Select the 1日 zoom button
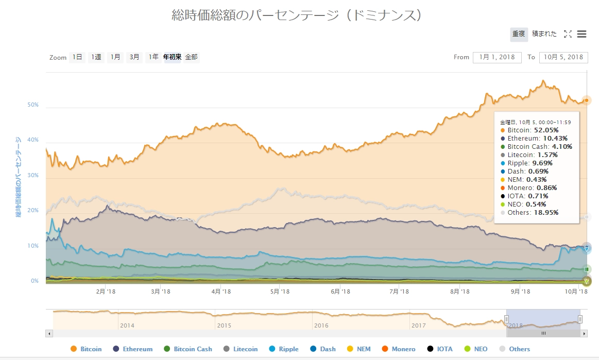click(x=77, y=57)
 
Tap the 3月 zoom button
click(x=134, y=57)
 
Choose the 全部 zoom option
click(x=191, y=57)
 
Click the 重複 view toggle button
click(x=519, y=34)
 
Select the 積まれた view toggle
click(x=544, y=34)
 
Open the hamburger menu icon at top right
click(x=582, y=34)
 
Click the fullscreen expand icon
click(x=568, y=34)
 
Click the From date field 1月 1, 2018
click(x=497, y=57)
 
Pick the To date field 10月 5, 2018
click(x=563, y=57)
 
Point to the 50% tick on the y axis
click(x=33, y=105)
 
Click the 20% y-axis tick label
click(x=33, y=211)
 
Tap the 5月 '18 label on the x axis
click(x=279, y=292)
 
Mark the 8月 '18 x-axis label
click(x=459, y=292)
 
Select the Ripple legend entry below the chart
click(x=283, y=349)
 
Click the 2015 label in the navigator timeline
click(x=224, y=325)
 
